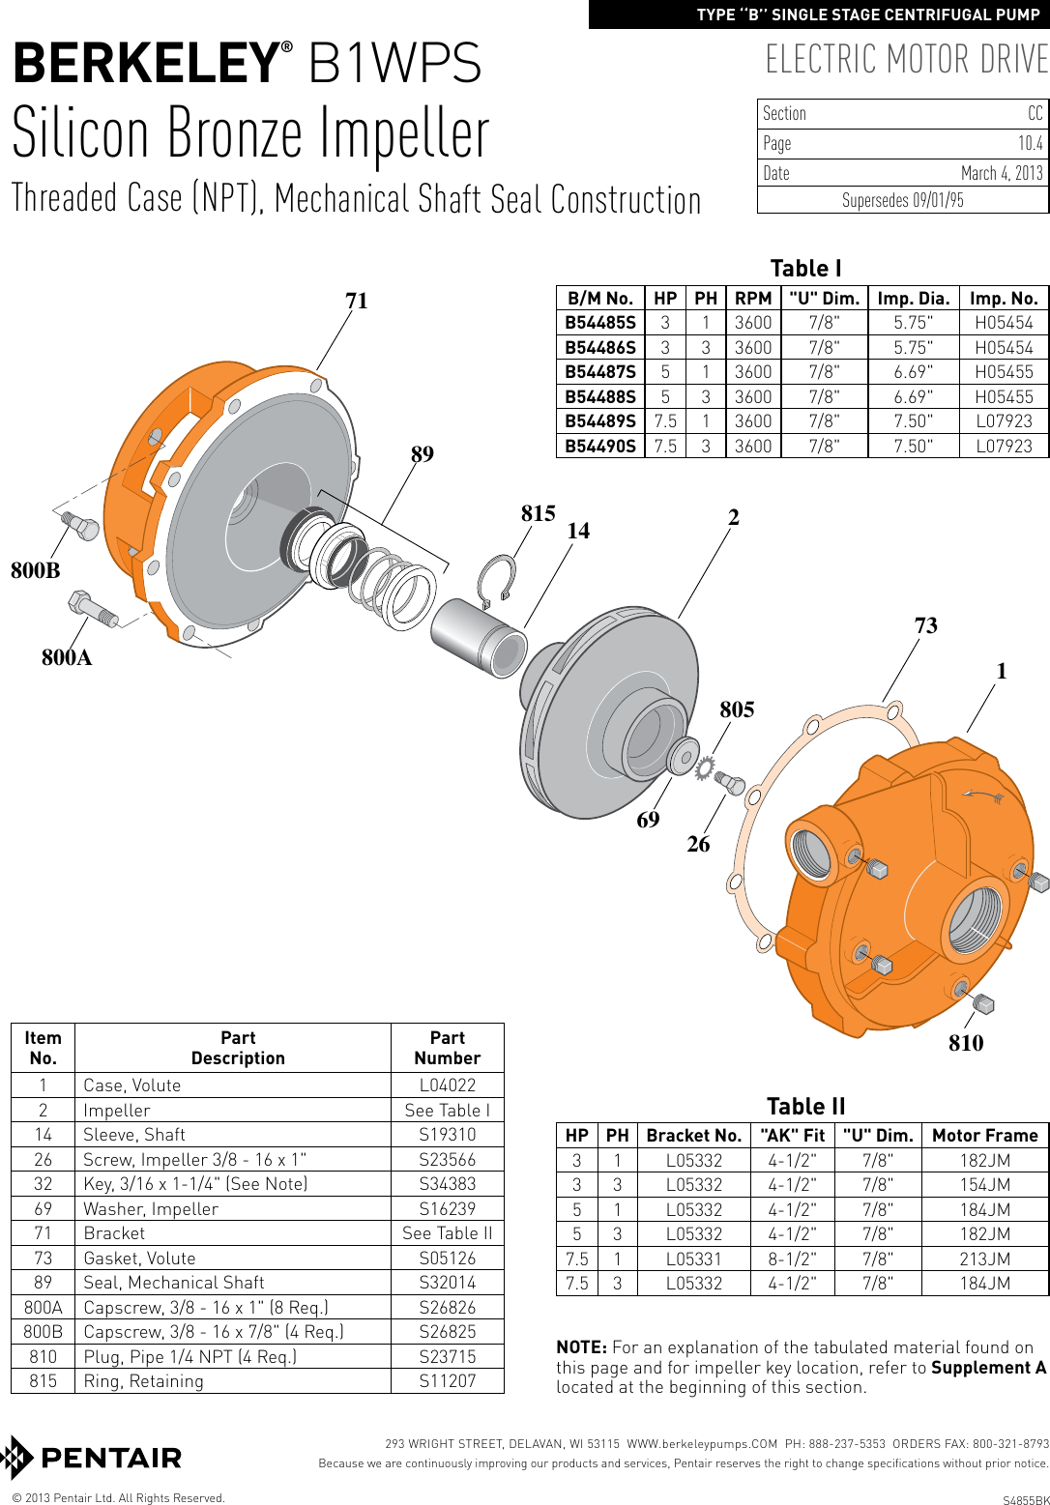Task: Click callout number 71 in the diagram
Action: (357, 301)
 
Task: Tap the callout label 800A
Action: (67, 658)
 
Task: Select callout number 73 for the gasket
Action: (925, 625)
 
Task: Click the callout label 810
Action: (965, 1043)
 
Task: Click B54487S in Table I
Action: (600, 372)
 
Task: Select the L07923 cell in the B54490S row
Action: (1004, 447)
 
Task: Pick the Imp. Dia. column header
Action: (913, 299)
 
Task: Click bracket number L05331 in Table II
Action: (693, 1259)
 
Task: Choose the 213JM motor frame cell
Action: (984, 1259)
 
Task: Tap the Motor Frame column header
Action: (984, 1136)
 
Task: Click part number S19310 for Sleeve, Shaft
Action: (447, 1135)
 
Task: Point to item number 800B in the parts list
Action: (43, 1332)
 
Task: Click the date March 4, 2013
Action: (1001, 173)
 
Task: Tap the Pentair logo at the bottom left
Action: (93, 1458)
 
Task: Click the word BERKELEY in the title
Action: (145, 64)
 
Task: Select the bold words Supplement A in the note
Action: (988, 1368)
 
